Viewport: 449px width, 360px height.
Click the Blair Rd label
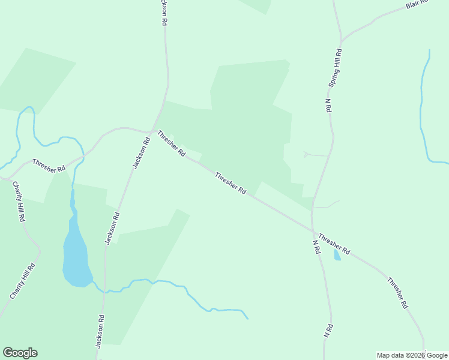click(x=417, y=4)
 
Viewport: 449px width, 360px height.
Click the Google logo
click(x=20, y=352)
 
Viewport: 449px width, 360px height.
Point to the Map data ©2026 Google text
click(x=412, y=355)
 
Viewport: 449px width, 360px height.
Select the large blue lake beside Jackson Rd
click(x=76, y=252)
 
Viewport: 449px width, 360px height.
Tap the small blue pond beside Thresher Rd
click(x=337, y=256)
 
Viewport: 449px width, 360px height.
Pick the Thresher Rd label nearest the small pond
click(x=334, y=243)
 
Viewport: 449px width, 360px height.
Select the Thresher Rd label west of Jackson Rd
click(x=49, y=166)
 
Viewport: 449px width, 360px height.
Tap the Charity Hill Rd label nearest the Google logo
click(x=23, y=281)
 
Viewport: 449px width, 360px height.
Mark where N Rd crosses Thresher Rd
click(x=313, y=230)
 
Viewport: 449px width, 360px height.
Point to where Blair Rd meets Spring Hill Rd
click(x=341, y=37)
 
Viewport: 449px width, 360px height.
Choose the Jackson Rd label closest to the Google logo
click(x=100, y=331)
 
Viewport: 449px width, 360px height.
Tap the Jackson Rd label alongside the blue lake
click(x=112, y=228)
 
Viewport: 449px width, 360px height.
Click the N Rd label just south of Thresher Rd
click(x=316, y=247)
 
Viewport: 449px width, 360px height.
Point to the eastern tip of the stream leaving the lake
click(x=248, y=319)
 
